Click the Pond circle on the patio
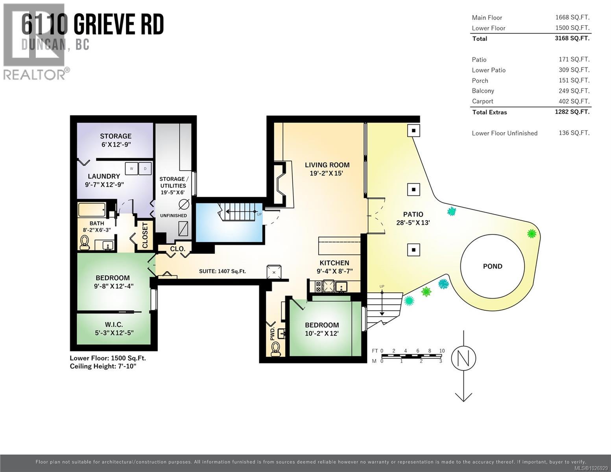pos(492,266)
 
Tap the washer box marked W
pos(131,169)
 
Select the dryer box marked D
pos(145,169)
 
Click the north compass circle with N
pos(463,358)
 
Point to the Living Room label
pos(327,165)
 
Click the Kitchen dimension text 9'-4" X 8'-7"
pos(334,271)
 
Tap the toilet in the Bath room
pos(84,242)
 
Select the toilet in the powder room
pos(276,348)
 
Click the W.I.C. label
pos(114,324)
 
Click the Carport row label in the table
pos(482,101)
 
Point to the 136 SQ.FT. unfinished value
pos(574,133)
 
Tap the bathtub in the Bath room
pos(92,210)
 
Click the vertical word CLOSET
pos(145,236)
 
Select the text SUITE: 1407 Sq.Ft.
pos(222,271)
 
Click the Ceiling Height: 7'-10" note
pos(103,366)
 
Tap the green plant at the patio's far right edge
pos(532,234)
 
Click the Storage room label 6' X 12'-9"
pos(115,144)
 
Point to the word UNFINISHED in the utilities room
pos(173,216)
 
